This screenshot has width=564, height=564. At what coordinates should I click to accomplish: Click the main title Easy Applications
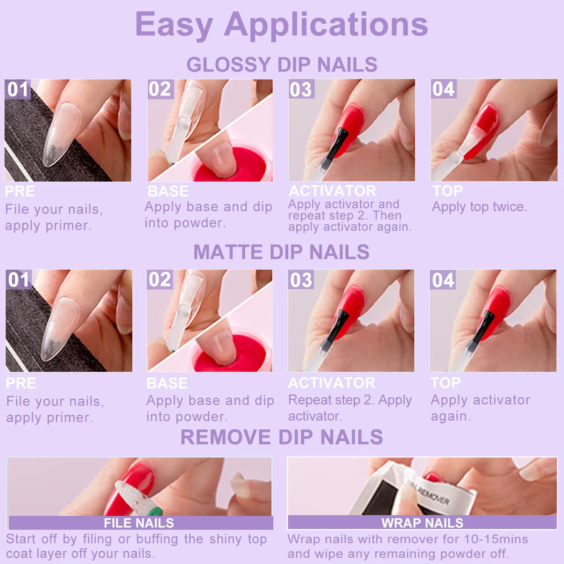click(x=281, y=24)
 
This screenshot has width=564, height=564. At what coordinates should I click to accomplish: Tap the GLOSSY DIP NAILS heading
click(x=281, y=65)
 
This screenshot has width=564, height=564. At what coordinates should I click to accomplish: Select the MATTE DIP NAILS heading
click(x=281, y=252)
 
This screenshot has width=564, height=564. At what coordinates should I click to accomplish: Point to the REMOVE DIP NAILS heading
click(x=281, y=437)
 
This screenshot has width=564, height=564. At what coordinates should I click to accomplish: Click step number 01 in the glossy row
click(x=18, y=89)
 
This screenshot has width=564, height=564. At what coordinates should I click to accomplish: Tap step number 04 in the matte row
click(x=443, y=280)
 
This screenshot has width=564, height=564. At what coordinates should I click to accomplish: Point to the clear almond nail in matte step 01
click(x=60, y=327)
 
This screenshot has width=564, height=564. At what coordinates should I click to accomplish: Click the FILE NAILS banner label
click(x=139, y=523)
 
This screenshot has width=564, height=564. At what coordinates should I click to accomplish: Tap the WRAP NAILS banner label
click(x=422, y=523)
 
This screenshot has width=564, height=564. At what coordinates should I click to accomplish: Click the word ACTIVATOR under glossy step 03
click(x=332, y=191)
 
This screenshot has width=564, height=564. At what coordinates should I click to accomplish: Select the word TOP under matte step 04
click(x=446, y=383)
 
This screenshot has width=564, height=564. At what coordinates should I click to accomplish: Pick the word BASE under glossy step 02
click(x=168, y=191)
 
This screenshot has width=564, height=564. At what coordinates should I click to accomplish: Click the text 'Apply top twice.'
click(x=479, y=207)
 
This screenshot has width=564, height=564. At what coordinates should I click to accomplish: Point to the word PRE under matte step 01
click(x=21, y=383)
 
